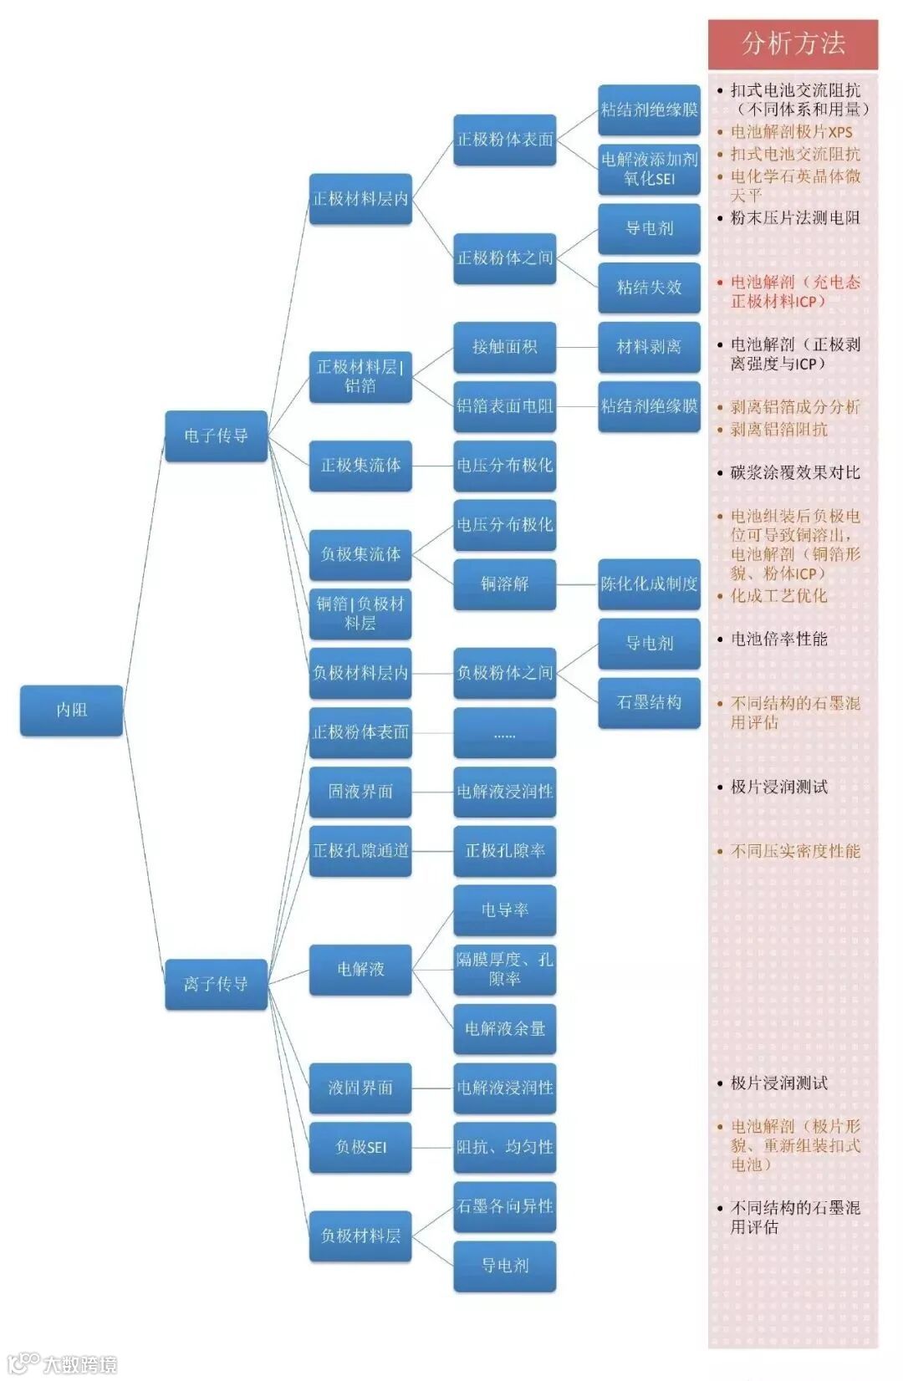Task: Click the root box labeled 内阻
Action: tap(71, 710)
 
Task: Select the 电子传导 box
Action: tap(216, 436)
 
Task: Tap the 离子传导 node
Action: tap(216, 984)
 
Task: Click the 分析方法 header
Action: tap(793, 43)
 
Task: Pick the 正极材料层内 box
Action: tap(360, 199)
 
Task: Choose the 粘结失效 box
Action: tap(649, 288)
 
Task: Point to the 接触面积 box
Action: tap(504, 347)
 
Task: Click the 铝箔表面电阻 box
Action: tap(504, 406)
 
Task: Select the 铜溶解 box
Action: tap(504, 583)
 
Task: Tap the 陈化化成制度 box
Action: tap(649, 583)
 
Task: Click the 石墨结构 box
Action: tap(649, 702)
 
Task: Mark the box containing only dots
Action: tap(504, 732)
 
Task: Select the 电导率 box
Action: tap(504, 910)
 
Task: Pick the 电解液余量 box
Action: tap(504, 1028)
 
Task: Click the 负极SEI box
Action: tap(360, 1147)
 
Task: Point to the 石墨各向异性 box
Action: tap(504, 1206)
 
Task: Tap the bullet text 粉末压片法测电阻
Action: tap(794, 218)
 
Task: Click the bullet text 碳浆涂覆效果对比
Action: tap(794, 473)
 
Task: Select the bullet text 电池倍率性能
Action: tap(778, 640)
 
